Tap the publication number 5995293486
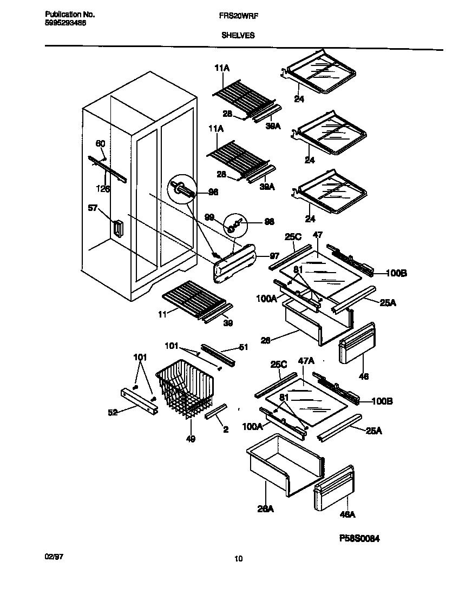point(64,24)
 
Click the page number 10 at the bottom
point(238,559)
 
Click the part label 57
point(93,207)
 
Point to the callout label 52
point(113,412)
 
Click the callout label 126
point(103,189)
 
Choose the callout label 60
point(101,143)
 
